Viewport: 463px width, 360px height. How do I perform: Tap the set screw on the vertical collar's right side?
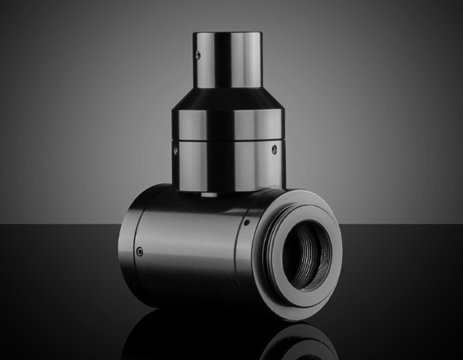[x=273, y=150]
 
